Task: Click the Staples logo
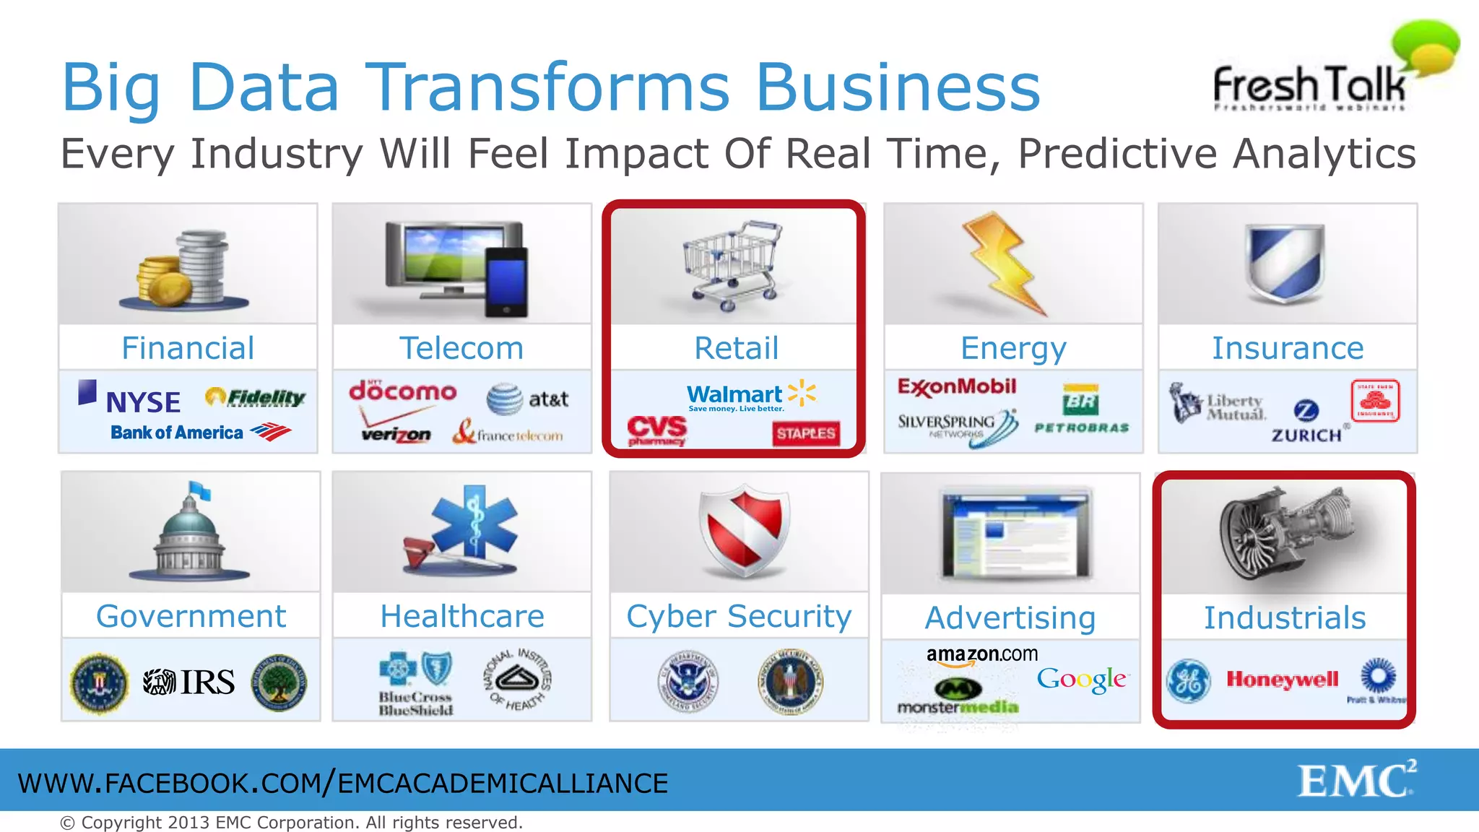(806, 433)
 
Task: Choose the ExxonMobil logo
(956, 387)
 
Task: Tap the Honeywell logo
(1282, 680)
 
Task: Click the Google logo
(1081, 679)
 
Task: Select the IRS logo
(189, 682)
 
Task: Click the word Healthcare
(462, 616)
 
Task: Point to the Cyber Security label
(739, 616)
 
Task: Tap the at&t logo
(528, 399)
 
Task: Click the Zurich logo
(1306, 422)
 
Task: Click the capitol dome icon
(190, 534)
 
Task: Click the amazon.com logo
(981, 655)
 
